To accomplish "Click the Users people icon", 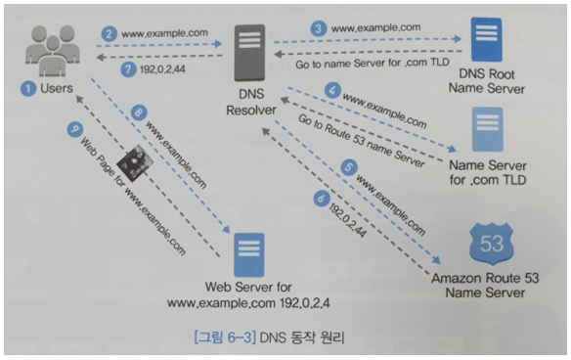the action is tap(53, 51).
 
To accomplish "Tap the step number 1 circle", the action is tap(28, 89).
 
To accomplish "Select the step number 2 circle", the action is tap(109, 34).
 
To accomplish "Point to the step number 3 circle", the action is tap(319, 28).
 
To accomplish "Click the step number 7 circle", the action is tap(128, 68).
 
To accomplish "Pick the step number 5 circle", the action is tap(349, 167).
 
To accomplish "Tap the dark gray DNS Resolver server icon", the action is tap(249, 53).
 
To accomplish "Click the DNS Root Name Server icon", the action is tap(486, 40).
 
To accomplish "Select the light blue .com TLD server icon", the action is tap(487, 129).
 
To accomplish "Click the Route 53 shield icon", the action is tap(492, 244).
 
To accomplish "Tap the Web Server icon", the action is tap(249, 255).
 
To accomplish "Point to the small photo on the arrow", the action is tap(135, 163).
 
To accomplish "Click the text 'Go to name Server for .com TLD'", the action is tap(373, 64).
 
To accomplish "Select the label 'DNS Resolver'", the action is tap(251, 102).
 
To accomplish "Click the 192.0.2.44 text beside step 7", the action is tap(162, 69).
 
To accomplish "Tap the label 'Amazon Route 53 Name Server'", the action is tap(485, 286).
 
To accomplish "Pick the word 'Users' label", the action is tap(57, 88).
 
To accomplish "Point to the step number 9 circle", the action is tap(75, 129).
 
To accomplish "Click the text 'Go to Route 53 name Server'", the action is tap(362, 141).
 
